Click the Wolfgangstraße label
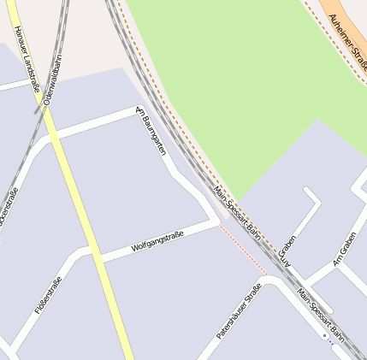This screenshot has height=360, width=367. [x=157, y=240]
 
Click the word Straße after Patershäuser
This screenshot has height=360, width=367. [x=252, y=295]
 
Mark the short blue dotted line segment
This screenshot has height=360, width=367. [x=330, y=344]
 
